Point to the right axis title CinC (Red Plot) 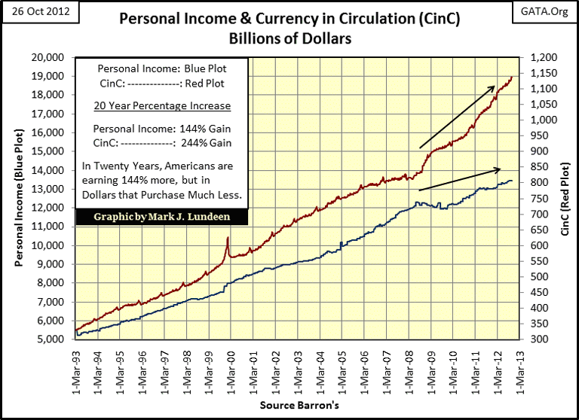566,199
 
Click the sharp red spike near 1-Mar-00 228,239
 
